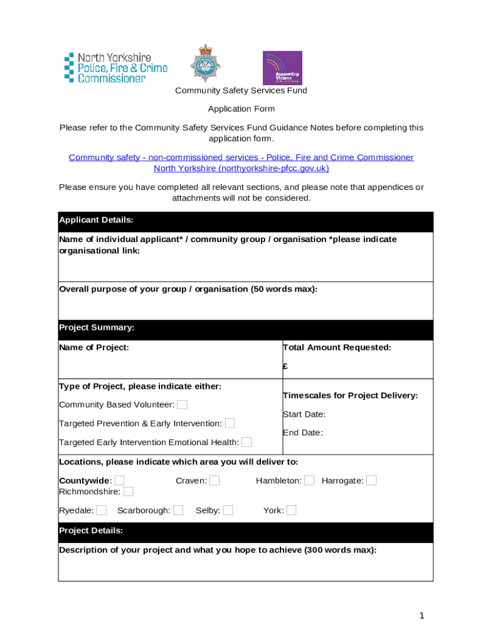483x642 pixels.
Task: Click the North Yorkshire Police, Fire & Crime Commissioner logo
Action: [x=115, y=68]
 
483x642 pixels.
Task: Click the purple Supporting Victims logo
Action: [x=282, y=68]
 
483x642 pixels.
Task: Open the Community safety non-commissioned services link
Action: [x=241, y=157]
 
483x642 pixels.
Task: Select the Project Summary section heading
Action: [x=245, y=328]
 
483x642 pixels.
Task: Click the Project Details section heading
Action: [x=245, y=531]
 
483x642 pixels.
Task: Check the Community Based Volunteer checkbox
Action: [x=182, y=404]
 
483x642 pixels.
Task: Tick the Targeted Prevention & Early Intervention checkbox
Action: [x=230, y=423]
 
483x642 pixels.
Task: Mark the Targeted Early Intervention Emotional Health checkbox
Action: [x=247, y=442]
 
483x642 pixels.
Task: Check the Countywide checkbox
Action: [x=119, y=480]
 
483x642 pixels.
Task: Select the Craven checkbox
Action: [x=215, y=480]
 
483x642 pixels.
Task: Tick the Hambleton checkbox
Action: [x=309, y=480]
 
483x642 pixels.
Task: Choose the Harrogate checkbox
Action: [x=371, y=480]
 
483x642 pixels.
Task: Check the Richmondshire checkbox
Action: [x=128, y=491]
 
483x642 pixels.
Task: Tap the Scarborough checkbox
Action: [x=178, y=510]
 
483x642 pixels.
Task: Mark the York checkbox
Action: [x=291, y=510]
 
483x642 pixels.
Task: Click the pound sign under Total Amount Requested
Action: [x=285, y=367]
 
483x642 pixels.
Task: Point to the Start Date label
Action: [x=304, y=414]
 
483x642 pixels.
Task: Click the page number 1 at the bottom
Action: [x=422, y=616]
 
